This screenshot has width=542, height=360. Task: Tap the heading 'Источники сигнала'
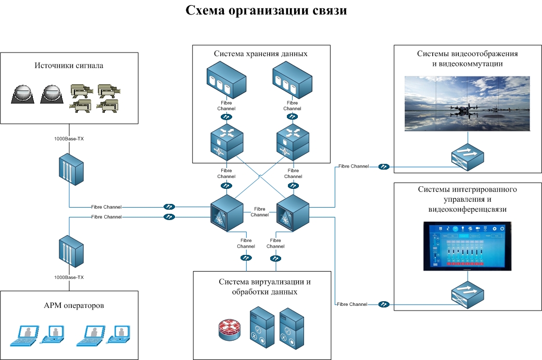coord(69,66)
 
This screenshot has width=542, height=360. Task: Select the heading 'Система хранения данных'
coord(261,54)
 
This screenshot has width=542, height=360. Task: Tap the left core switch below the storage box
coord(227,214)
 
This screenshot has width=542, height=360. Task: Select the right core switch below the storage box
coord(293,214)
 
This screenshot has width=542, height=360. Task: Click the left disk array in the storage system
coord(226,79)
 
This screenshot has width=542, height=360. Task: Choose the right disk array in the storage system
coord(292,79)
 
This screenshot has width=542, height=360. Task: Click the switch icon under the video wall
coord(467,157)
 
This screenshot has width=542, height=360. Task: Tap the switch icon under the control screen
coord(467,294)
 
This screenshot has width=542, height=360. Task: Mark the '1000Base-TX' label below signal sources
coord(69,139)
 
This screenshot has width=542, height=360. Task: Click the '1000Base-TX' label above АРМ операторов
coord(69,277)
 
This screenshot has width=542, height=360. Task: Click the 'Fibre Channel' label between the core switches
coord(260,211)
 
